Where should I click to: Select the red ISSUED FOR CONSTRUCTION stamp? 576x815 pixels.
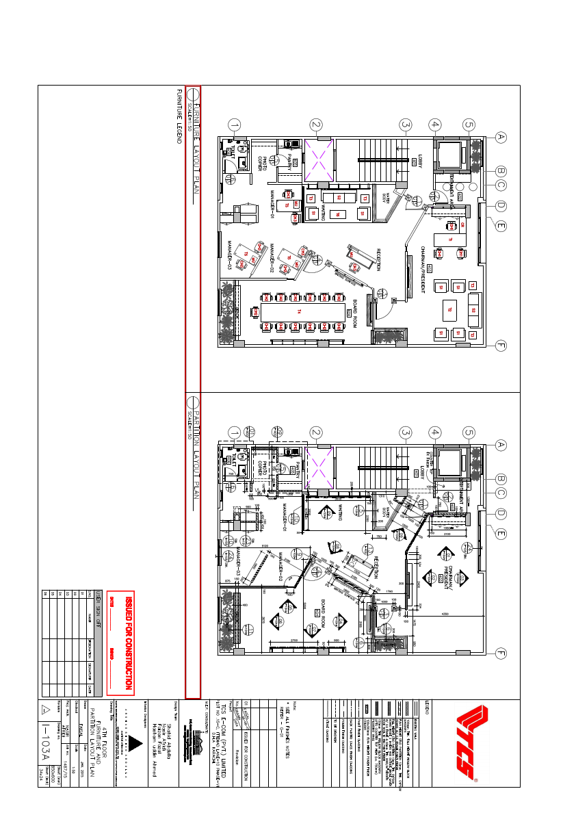[128, 643]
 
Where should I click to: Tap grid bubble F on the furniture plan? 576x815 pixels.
[501, 346]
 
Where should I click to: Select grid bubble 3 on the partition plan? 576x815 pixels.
[406, 432]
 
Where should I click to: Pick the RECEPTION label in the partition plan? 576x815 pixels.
[377, 568]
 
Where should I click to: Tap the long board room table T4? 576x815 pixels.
[298, 312]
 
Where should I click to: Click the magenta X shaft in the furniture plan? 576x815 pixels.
[318, 155]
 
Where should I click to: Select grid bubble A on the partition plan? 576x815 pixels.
[501, 444]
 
